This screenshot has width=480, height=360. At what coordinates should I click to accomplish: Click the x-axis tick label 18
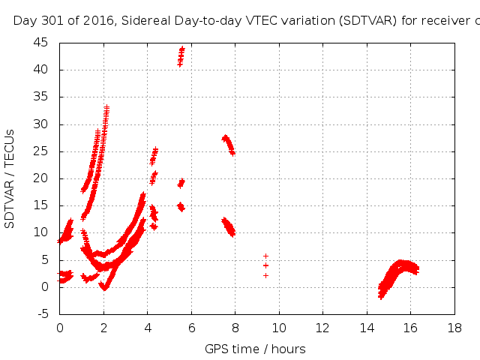point(454,328)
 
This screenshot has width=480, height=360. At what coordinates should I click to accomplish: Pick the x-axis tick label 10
point(279,328)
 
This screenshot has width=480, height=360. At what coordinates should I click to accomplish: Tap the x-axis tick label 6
point(191,328)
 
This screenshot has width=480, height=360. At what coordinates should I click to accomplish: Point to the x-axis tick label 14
point(367,328)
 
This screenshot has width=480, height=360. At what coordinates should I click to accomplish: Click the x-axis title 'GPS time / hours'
point(255,349)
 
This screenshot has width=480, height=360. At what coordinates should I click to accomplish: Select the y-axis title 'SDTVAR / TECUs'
point(10,178)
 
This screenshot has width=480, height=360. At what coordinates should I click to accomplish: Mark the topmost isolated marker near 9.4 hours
point(265,256)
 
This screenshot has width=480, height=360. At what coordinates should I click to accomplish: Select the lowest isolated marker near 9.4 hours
point(265,275)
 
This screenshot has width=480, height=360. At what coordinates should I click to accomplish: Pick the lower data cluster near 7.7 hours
point(228,226)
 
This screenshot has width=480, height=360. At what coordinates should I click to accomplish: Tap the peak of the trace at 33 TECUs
point(106,108)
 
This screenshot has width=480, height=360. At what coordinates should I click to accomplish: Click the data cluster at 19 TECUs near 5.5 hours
point(181,183)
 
